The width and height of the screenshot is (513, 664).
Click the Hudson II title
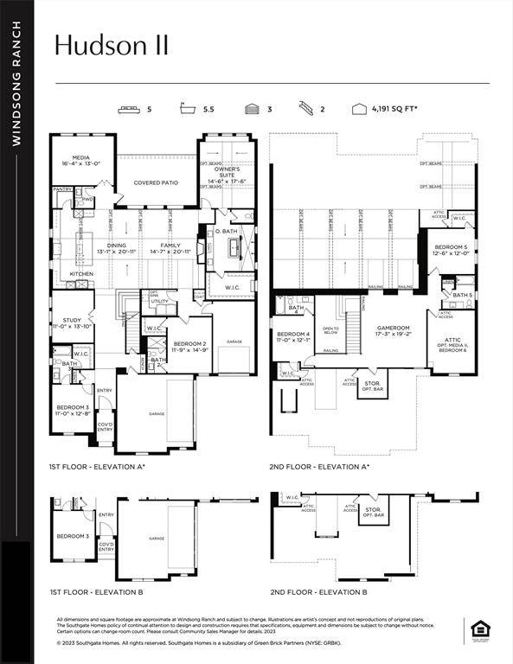coord(111,46)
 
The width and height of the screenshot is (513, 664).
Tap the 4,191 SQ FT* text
coord(395,110)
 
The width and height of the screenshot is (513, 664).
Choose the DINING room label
coord(115,246)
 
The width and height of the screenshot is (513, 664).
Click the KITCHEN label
coord(81,274)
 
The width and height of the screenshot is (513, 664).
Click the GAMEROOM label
coord(394,329)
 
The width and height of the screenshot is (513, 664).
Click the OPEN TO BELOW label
coord(330,330)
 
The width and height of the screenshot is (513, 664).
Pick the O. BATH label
coord(227,231)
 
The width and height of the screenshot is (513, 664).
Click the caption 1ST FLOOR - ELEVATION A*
coord(97,467)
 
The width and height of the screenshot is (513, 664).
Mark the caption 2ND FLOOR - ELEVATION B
coord(318,592)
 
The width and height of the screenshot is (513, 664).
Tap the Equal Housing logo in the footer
coord(478,629)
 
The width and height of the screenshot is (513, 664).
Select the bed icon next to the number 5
coord(130,110)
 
